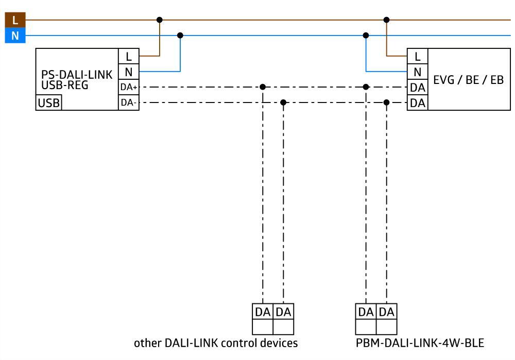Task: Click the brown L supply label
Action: point(15,21)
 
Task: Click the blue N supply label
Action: point(15,36)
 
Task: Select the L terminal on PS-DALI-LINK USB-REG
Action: point(129,56)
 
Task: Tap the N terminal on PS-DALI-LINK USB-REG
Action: point(129,72)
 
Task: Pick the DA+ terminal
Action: point(129,87)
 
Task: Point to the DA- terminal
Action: point(129,102)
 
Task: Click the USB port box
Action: point(48,103)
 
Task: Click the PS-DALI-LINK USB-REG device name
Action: point(76,80)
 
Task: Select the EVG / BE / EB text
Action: point(468,80)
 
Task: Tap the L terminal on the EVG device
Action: point(417,56)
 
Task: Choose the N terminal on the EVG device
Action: point(417,72)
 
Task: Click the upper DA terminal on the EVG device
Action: point(417,88)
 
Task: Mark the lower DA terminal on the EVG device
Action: point(417,103)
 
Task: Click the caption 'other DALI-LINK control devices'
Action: point(216,342)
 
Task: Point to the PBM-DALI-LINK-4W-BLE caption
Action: point(420,342)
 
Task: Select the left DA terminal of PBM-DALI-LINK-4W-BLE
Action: point(366,312)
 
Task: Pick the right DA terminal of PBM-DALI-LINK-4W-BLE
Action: point(386,312)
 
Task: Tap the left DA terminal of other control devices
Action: point(263,312)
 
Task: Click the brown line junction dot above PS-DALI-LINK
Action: point(160,20)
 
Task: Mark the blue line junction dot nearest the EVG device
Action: point(366,36)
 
